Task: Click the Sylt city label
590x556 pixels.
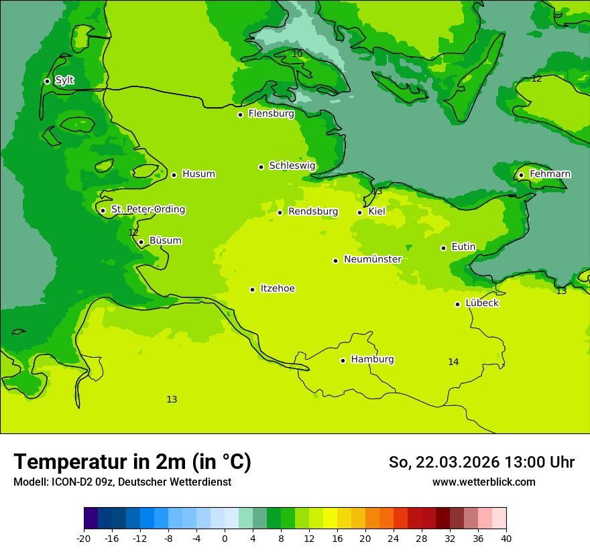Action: coord(64,80)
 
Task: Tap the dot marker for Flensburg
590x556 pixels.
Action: coord(240,115)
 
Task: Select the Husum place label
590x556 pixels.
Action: coord(198,174)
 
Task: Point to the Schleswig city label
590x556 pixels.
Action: coord(292,165)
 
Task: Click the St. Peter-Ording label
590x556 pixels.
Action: coord(147,209)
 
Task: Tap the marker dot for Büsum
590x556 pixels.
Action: coord(141,242)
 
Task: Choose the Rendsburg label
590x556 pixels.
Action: coord(312,212)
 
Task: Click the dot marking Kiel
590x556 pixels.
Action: coord(360,213)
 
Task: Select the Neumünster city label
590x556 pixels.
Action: coord(372,259)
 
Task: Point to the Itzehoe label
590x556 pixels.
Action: coord(277,289)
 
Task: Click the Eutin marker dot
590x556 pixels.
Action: coord(443,248)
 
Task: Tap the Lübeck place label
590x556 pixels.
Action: coord(481,303)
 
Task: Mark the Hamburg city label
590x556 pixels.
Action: coord(372,359)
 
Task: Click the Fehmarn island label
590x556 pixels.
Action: coord(550,174)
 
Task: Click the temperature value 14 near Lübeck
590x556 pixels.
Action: coord(453,362)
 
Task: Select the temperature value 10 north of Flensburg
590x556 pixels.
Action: coord(297,54)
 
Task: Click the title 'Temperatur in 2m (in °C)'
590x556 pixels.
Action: coord(132,462)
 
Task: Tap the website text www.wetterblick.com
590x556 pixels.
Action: coord(483,482)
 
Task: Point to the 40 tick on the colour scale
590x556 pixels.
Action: coord(506,538)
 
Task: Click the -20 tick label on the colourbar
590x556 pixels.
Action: coord(84,538)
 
